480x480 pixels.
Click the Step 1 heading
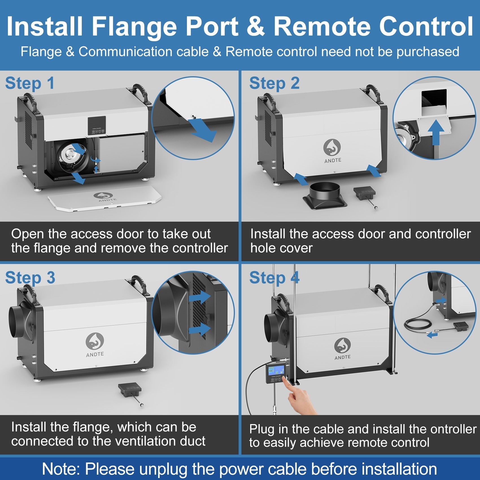tap(30, 84)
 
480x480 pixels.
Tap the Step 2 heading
tap(274, 84)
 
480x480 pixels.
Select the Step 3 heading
tap(30, 278)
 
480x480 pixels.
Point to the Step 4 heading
tap(274, 278)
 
